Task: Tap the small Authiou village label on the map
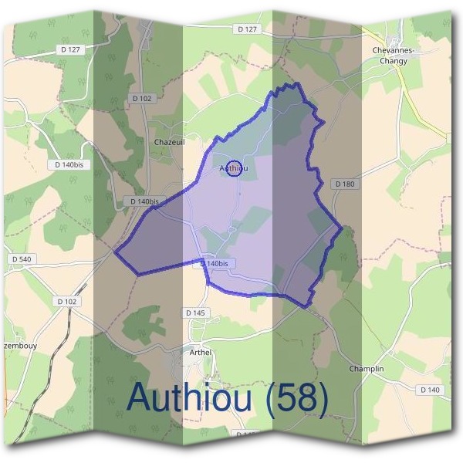point(234,167)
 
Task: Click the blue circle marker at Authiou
point(235,167)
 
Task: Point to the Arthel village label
point(200,353)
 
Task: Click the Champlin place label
point(366,369)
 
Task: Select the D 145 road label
point(195,313)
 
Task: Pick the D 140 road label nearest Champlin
point(430,390)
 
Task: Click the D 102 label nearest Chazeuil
point(143,98)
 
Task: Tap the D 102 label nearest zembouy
point(68,301)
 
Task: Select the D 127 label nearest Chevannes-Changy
point(246,29)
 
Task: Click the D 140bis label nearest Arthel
point(215,263)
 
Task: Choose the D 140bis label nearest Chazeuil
point(144,201)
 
